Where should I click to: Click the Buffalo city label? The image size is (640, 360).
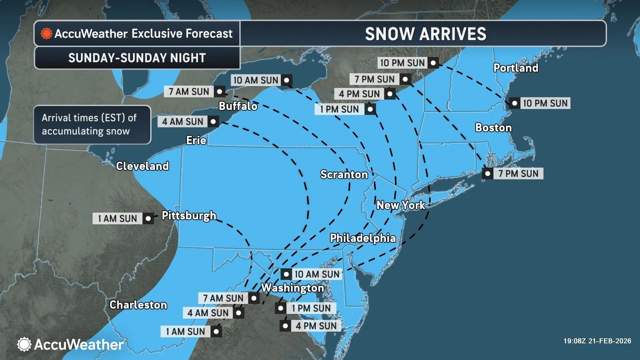click(238, 106)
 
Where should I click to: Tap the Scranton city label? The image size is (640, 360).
click(344, 174)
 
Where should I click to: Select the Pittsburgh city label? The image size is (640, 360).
click(189, 216)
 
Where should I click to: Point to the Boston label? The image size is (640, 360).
click(493, 128)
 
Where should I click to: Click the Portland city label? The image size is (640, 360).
click(516, 68)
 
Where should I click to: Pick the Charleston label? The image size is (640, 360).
click(138, 305)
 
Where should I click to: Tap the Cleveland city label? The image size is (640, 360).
click(142, 166)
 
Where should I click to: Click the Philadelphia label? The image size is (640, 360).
click(363, 238)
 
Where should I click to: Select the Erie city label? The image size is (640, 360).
click(196, 140)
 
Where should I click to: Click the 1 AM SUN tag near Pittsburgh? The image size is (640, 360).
click(117, 219)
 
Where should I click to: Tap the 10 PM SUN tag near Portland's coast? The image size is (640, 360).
click(545, 103)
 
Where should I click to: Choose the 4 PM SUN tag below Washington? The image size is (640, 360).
click(316, 326)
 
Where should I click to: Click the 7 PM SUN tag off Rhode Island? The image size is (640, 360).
click(518, 174)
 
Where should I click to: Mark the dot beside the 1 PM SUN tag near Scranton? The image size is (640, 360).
click(370, 109)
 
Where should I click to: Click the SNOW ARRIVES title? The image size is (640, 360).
click(425, 34)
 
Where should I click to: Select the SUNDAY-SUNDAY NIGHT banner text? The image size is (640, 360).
click(137, 58)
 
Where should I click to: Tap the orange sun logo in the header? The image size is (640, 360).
click(46, 34)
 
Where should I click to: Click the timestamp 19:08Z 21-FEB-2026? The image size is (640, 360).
click(597, 341)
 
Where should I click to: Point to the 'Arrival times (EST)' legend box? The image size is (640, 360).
click(92, 125)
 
